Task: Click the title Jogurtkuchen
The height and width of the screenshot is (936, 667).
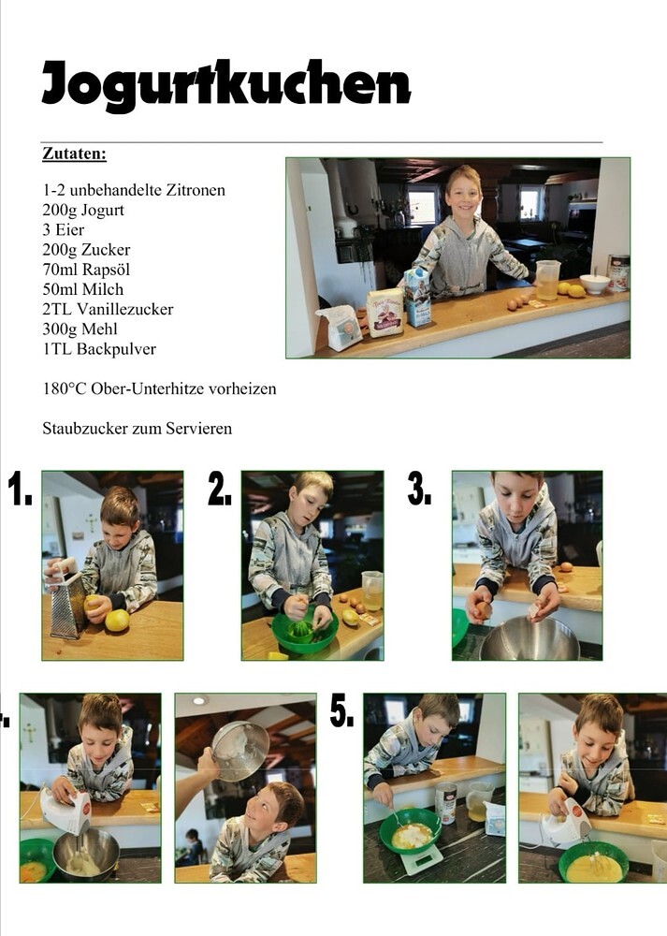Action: coord(226,85)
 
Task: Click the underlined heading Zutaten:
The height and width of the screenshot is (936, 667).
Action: coord(74,154)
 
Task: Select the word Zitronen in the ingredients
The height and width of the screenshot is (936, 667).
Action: coord(196,190)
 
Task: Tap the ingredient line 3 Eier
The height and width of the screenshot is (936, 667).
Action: coord(64,230)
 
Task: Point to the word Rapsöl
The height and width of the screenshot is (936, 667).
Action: coord(106,270)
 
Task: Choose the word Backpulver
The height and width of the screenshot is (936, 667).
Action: coord(116,349)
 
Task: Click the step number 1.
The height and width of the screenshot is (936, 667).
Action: coord(20,489)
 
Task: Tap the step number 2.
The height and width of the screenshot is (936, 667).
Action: coord(220,489)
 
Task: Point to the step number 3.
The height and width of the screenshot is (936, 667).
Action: coord(419,489)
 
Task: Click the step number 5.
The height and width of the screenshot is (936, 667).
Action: coord(341,710)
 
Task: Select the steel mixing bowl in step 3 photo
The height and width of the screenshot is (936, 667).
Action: coord(529,638)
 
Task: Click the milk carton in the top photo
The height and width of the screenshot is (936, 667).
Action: coord(417,297)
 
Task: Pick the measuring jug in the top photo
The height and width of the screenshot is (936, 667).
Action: coord(547,279)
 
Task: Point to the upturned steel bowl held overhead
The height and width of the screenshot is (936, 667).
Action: coord(239,751)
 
